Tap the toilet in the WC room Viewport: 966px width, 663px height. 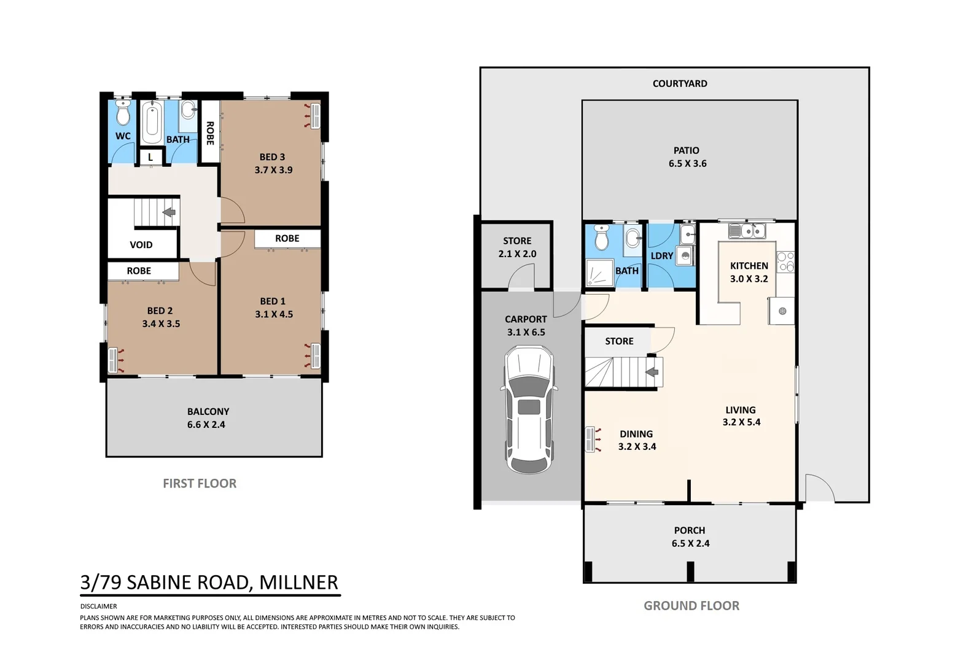[x=123, y=113]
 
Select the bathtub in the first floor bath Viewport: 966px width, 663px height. [x=152, y=122]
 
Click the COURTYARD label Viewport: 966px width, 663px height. [x=680, y=83]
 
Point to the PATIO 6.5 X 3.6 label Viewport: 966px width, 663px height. [x=687, y=157]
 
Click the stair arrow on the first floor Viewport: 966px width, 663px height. [x=169, y=212]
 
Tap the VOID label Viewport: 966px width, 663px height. [x=141, y=245]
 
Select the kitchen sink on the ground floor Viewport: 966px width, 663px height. [x=747, y=231]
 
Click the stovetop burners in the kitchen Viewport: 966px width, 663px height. [x=785, y=262]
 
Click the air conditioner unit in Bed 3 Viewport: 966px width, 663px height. [x=315, y=116]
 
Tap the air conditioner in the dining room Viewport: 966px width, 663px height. [x=592, y=440]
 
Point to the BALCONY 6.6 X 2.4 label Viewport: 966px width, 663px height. [x=208, y=418]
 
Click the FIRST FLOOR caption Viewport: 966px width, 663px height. [x=200, y=483]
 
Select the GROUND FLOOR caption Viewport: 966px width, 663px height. [x=691, y=606]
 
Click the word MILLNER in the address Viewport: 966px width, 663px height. [x=298, y=583]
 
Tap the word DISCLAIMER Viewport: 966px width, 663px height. [x=98, y=607]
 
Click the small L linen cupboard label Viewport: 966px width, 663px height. [x=150, y=158]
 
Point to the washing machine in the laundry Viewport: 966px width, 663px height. [x=684, y=255]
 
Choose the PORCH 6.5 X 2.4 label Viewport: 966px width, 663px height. [x=690, y=537]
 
